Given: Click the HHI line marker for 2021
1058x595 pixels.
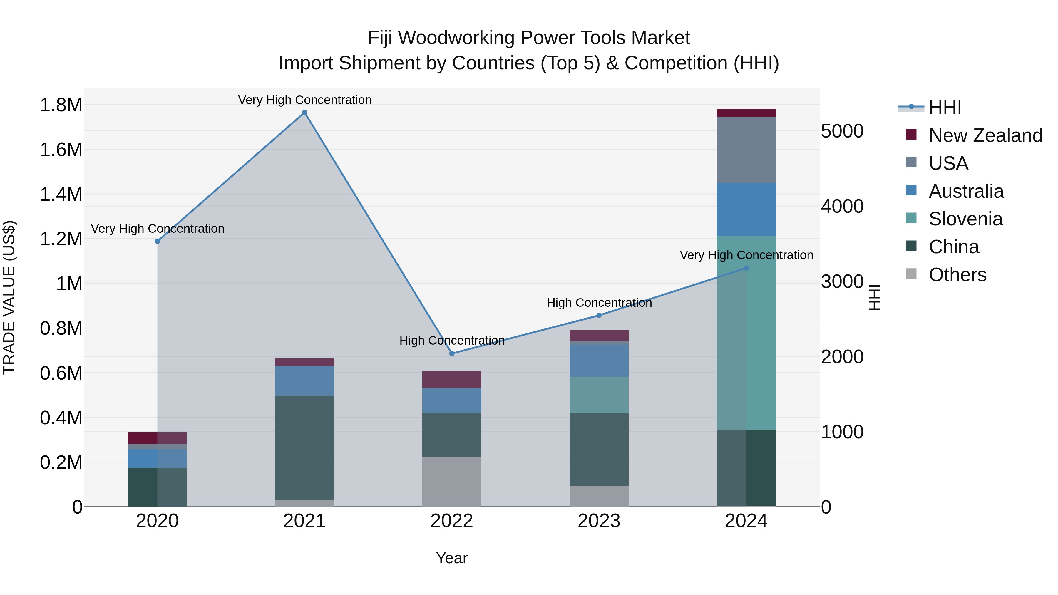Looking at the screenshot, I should [304, 113].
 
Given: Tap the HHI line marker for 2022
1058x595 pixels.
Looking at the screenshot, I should [452, 353].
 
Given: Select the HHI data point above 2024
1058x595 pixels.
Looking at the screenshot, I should [746, 268].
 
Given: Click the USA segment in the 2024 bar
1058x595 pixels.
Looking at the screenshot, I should [746, 150].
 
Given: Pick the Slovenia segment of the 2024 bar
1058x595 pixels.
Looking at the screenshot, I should [746, 333].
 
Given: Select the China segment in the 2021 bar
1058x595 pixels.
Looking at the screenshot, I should [304, 447].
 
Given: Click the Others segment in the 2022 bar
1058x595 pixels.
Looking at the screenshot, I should [452, 482].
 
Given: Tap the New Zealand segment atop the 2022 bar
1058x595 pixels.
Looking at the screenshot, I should [452, 379].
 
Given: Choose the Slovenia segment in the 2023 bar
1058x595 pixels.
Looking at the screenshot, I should [599, 395].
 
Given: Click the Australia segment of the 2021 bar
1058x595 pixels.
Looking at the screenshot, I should [304, 381].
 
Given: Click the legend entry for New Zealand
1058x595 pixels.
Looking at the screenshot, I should [985, 135].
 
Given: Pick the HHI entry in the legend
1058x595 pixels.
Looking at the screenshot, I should [945, 108].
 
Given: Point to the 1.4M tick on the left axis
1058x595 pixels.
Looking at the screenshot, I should [61, 194].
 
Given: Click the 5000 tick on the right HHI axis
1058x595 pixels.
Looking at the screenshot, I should [842, 131].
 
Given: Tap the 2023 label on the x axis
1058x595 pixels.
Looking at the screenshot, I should [599, 521].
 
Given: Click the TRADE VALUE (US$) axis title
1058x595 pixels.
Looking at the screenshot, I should [9, 297].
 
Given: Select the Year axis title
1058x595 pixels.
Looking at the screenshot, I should [452, 558].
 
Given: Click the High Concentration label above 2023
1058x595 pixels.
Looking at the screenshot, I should [599, 303].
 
